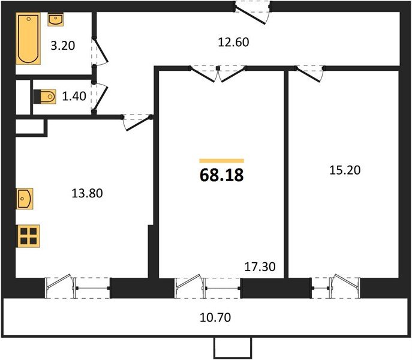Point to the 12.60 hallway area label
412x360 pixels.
coord(232,42)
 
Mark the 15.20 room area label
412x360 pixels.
coord(344,170)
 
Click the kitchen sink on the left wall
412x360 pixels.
coord(25,198)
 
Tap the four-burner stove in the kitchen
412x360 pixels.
coord(28,236)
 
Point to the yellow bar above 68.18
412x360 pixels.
coord(221,161)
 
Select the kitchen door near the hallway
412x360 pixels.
coord(137,122)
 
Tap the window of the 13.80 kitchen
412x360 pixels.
coord(78,287)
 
